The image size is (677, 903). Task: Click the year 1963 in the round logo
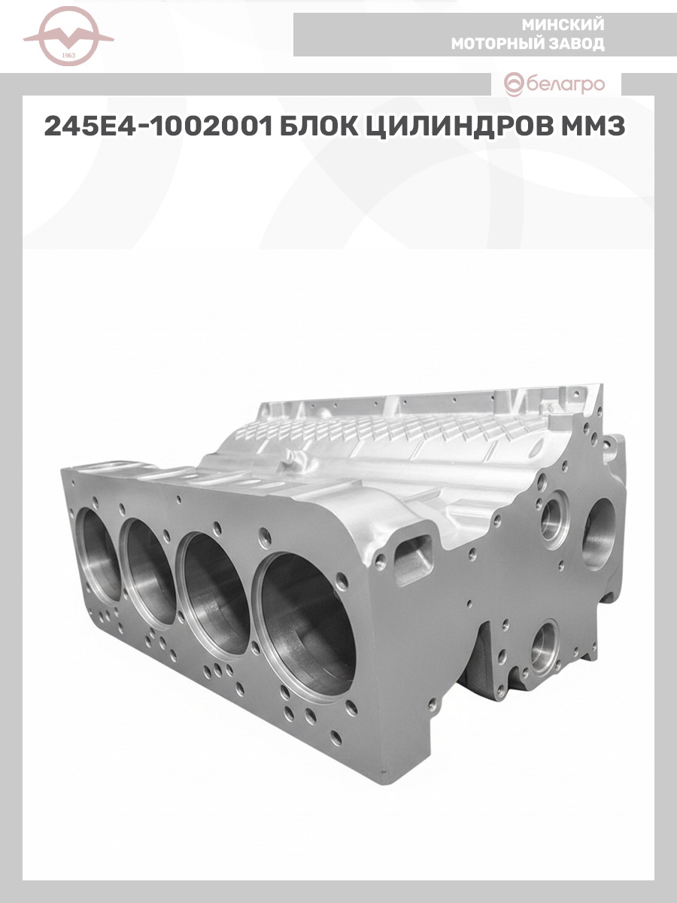[68, 56]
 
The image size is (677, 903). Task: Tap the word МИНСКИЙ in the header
[563, 25]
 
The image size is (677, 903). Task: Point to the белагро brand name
[566, 85]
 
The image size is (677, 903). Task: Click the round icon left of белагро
[515, 85]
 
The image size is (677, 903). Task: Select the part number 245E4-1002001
[158, 126]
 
